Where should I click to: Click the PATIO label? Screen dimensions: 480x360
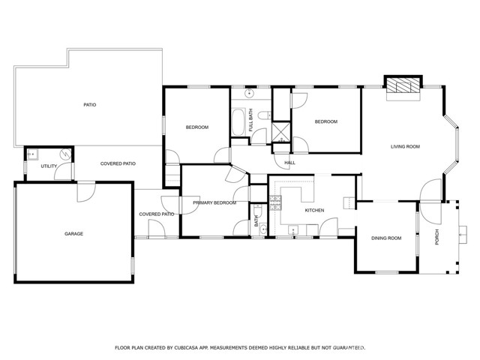click(90, 105)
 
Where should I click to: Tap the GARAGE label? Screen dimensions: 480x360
click(73, 233)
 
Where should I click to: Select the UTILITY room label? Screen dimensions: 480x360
click(49, 166)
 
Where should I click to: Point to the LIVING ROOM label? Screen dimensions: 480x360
click(405, 146)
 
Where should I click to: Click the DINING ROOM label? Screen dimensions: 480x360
click(386, 238)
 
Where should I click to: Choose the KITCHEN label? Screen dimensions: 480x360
click(314, 210)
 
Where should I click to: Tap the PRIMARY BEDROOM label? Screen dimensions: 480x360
click(214, 202)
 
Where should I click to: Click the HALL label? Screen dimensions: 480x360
click(289, 163)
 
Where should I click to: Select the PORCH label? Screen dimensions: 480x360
click(436, 237)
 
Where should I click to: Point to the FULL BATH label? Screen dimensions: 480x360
click(250, 120)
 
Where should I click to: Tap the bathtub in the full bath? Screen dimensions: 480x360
click(238, 122)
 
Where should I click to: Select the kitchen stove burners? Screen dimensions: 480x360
click(275, 203)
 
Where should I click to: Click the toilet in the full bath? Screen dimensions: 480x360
click(264, 115)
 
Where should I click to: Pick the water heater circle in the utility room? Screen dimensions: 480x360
click(66, 153)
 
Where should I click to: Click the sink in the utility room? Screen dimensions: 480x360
click(31, 155)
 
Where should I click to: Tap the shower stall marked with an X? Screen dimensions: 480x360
click(281, 133)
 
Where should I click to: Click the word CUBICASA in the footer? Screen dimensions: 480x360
click(187, 347)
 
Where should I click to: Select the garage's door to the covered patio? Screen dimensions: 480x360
click(86, 192)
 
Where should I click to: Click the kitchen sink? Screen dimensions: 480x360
click(293, 230)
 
